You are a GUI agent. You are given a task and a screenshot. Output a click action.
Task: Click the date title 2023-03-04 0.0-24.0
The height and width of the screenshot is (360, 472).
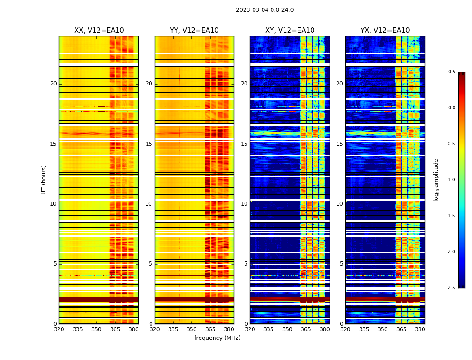coord(265,10)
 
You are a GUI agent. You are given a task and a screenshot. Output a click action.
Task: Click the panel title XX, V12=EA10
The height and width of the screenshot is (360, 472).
coord(99,31)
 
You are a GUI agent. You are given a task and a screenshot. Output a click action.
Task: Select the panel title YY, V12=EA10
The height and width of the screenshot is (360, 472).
coord(194,31)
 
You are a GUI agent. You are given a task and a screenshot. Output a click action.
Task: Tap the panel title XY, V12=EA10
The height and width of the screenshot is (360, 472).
coord(289,31)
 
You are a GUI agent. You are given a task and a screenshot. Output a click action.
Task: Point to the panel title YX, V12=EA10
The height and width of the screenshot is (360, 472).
coord(385,31)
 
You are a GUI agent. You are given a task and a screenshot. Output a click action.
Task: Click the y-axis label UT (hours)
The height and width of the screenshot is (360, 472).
coord(44,180)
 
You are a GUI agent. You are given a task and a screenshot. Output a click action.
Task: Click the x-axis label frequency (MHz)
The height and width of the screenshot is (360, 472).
coord(217,338)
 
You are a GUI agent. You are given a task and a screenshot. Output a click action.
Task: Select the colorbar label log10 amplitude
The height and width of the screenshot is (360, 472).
coord(436,180)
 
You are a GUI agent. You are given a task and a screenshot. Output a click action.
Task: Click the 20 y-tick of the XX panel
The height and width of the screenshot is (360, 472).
coord(53,84)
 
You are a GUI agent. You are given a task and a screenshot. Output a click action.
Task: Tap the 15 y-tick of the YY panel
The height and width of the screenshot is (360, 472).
coord(149,144)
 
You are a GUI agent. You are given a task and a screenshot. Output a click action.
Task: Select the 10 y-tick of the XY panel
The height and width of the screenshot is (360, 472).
coord(244,204)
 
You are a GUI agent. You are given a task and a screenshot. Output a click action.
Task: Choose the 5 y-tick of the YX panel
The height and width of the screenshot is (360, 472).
coord(341,264)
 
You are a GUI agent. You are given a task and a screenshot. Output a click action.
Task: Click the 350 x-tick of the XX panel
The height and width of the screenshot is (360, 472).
coord(96,329)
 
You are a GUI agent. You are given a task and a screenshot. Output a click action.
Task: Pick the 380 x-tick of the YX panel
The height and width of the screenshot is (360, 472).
coord(420,329)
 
